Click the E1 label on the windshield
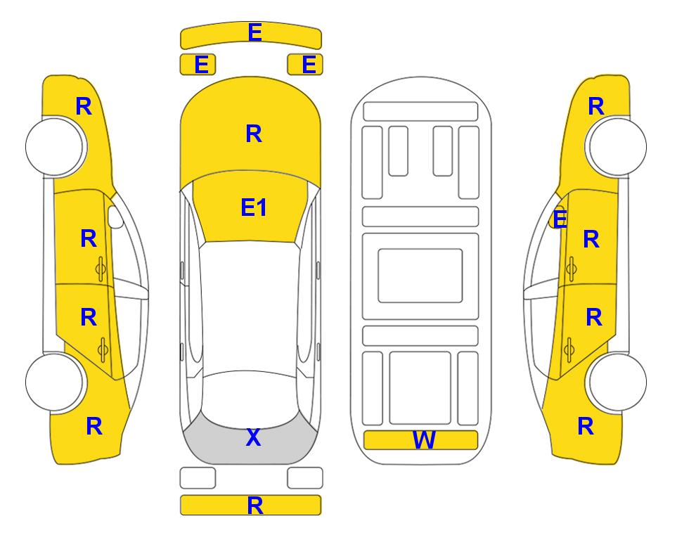pyautogui.click(x=254, y=207)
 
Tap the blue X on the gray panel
pyautogui.click(x=254, y=437)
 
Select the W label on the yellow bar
pyautogui.click(x=423, y=440)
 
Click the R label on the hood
pyautogui.click(x=254, y=134)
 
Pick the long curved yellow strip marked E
pyautogui.click(x=251, y=35)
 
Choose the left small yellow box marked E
pyautogui.click(x=198, y=65)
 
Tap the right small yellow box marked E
pyautogui.click(x=305, y=65)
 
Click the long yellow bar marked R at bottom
pyautogui.click(x=251, y=505)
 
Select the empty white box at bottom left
pyautogui.click(x=198, y=478)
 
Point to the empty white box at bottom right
pyautogui.click(x=305, y=478)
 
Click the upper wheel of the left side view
pyautogui.click(x=55, y=147)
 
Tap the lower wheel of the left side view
pyautogui.click(x=55, y=382)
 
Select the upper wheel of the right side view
pyautogui.click(x=617, y=147)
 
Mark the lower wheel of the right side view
pyautogui.click(x=617, y=382)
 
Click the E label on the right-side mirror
pyautogui.click(x=560, y=219)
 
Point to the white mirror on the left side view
pyautogui.click(x=115, y=217)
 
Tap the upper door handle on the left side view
pyautogui.click(x=101, y=269)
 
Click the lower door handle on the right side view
pyautogui.click(x=569, y=350)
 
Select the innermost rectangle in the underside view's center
pyautogui.click(x=420, y=276)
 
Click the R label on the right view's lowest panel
pyautogui.click(x=586, y=426)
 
